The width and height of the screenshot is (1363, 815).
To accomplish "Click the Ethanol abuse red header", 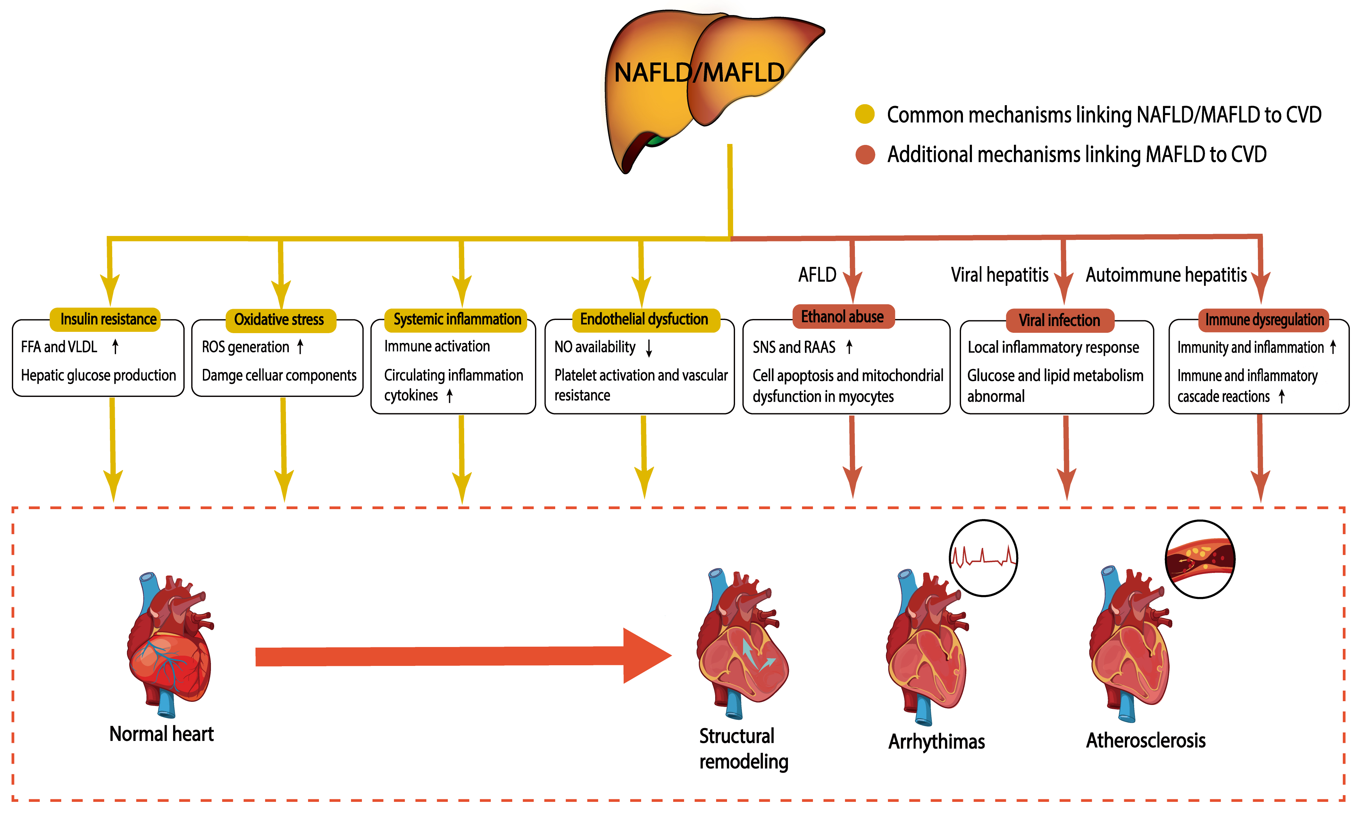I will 843,316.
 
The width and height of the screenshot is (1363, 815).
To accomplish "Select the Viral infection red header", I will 1059,320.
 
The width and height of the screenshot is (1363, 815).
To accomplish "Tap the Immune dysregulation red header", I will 1264,320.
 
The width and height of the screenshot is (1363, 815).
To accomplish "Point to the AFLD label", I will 817,274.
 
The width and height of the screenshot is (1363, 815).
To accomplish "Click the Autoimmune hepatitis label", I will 1166,274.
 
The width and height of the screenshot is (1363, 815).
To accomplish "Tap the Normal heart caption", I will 161,734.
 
